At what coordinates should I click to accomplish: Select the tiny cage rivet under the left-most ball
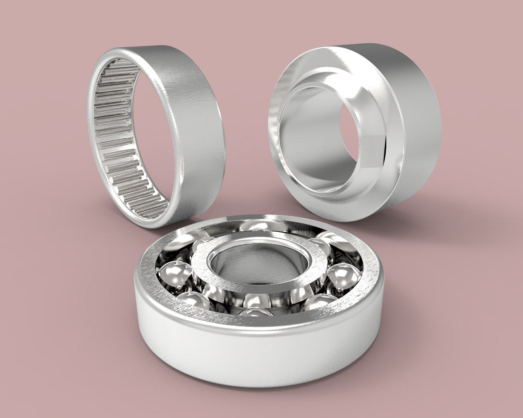pos(180,289)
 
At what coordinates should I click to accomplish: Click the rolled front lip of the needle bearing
pos(176,196)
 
